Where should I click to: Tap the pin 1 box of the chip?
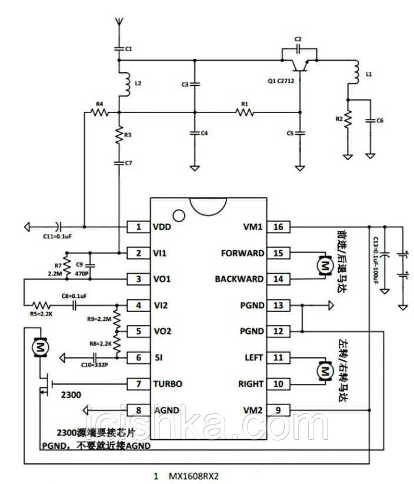139,227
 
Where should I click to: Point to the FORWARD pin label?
242,253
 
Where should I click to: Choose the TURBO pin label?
168,384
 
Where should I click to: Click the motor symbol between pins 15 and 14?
323,267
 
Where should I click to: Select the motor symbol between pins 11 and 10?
323,371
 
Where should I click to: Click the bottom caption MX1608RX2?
197,474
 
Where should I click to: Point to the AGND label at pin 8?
168,410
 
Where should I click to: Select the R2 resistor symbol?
348,120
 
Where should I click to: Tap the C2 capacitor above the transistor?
299,48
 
